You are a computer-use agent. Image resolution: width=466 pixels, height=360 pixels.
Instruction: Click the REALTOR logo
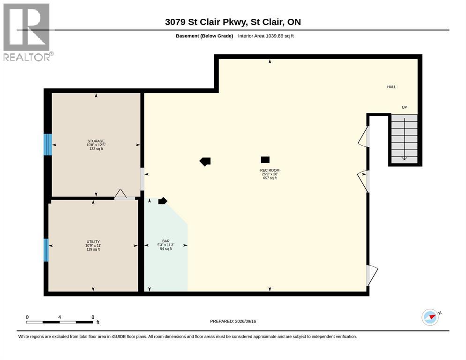(x=28, y=32)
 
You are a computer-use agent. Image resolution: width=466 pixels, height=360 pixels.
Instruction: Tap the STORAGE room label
(x=96, y=141)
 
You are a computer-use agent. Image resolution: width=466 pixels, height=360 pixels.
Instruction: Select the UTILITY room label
(x=93, y=242)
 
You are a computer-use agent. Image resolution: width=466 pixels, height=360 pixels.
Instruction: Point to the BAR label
(x=166, y=241)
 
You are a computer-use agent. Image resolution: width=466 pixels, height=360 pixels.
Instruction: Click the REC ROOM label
(x=270, y=170)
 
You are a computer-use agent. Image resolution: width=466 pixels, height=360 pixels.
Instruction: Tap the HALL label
(x=391, y=87)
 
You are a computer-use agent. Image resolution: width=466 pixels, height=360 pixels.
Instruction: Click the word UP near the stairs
(x=404, y=107)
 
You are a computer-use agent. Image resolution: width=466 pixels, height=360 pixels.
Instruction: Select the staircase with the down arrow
(x=404, y=139)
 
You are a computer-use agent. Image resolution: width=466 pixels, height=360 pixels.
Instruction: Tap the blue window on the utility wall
(x=46, y=250)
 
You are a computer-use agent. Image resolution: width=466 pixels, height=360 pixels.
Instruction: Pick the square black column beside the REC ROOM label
(x=265, y=160)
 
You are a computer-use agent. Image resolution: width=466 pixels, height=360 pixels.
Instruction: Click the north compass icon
(x=430, y=317)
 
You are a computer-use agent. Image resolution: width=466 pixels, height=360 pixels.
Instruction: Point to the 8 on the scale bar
(x=93, y=317)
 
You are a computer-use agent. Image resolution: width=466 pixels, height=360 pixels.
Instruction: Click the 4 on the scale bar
(x=60, y=317)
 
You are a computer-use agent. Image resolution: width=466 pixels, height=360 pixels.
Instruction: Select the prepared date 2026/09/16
(x=246, y=322)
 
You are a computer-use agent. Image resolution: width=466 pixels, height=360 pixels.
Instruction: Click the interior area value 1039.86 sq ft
(x=280, y=36)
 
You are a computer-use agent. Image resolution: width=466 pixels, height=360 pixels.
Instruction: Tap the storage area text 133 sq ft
(x=96, y=149)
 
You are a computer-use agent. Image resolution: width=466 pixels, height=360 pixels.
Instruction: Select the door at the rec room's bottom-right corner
(x=371, y=276)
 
